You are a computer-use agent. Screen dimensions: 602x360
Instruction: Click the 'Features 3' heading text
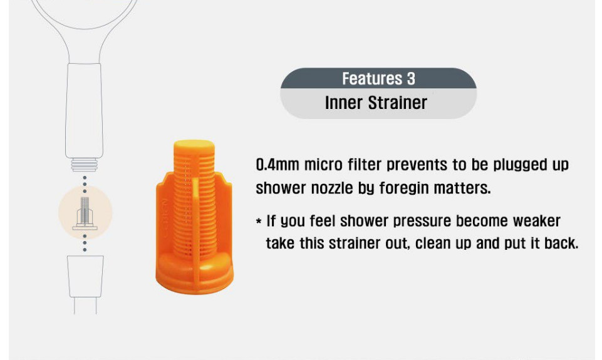(x=378, y=78)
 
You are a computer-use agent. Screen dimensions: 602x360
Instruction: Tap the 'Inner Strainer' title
(x=376, y=103)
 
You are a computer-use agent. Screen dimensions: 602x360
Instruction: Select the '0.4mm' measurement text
(x=278, y=165)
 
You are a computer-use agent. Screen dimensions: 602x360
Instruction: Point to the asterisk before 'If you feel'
(x=259, y=222)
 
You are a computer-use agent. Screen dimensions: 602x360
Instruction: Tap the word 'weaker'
(x=537, y=221)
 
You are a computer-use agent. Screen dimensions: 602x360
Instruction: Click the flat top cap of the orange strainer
(x=194, y=145)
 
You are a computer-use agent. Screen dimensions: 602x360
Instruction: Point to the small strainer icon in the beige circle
(x=85, y=213)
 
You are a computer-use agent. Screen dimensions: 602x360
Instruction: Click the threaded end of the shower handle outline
(x=84, y=165)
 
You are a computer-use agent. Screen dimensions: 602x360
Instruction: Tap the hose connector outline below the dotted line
(x=85, y=276)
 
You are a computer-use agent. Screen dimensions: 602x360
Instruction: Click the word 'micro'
(x=324, y=165)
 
